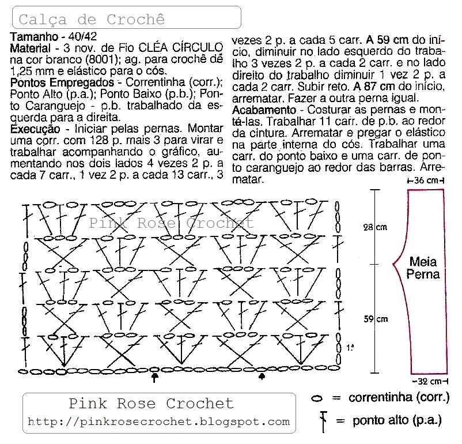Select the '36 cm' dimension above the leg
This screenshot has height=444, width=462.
click(x=426, y=181)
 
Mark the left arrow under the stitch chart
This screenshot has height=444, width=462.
click(x=154, y=378)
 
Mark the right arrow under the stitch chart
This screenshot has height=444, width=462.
click(x=263, y=377)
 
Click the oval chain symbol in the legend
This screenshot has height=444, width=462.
click(x=316, y=398)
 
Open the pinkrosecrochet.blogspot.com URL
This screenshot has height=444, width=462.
click(x=158, y=422)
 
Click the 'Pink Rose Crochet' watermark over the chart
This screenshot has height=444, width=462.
click(x=171, y=223)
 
